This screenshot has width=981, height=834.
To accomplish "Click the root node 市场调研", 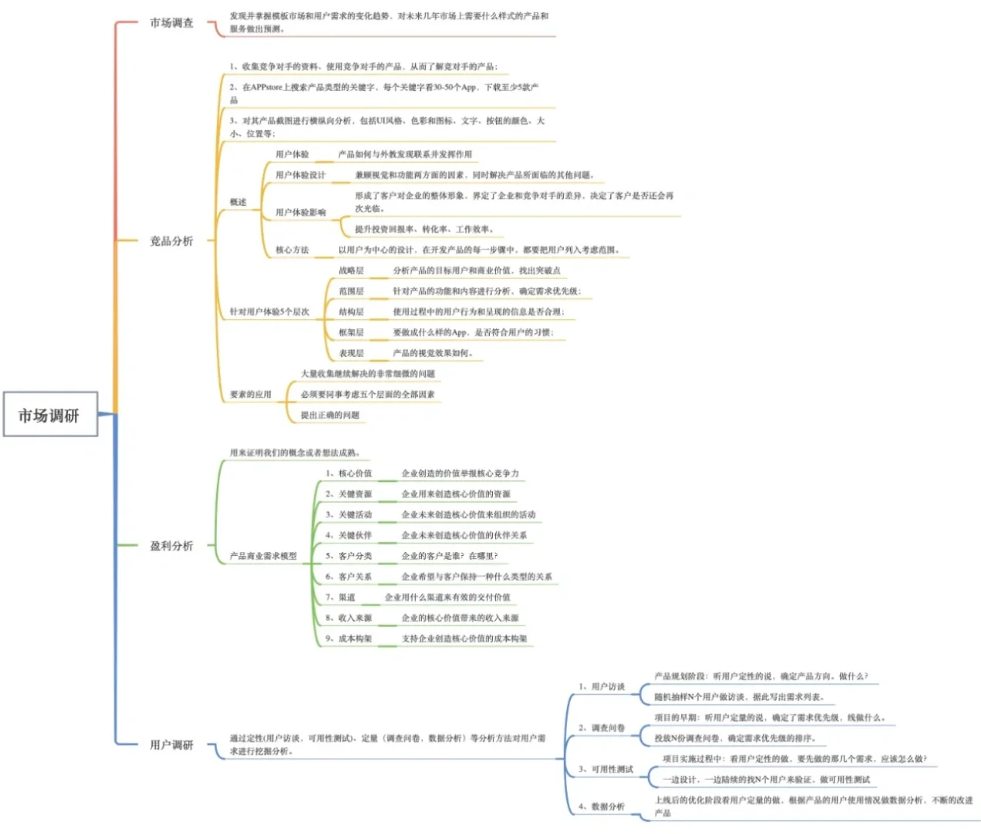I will point(49,415).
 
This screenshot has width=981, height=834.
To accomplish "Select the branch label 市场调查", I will point(171,23).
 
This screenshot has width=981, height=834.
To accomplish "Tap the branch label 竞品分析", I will point(171,241).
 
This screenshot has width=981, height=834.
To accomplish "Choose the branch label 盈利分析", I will point(171,546).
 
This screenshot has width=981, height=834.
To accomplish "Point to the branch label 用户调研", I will point(171,744).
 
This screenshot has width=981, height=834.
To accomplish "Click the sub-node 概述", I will point(238,202).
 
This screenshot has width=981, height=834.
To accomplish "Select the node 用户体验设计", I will point(300,175).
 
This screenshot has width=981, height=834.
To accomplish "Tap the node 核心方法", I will point(292,250).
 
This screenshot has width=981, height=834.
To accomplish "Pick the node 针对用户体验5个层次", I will point(269,312).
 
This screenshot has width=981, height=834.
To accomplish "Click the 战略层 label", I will point(351,270).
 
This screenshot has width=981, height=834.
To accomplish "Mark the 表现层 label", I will point(351,353).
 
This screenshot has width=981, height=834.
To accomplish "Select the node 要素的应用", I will point(250,395).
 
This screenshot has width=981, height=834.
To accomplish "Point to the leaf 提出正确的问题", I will point(330,415).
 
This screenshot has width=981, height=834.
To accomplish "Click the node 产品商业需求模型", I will point(263,556).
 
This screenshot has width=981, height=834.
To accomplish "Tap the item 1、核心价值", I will point(348,473).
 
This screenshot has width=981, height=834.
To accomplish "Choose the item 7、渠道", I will point(341,597).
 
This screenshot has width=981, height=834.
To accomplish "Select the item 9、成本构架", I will point(348,639).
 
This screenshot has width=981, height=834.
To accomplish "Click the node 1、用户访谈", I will point(602,687).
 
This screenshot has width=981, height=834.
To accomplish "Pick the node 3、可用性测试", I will point(606,769).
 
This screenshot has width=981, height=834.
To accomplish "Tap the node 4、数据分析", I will point(602,806).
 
